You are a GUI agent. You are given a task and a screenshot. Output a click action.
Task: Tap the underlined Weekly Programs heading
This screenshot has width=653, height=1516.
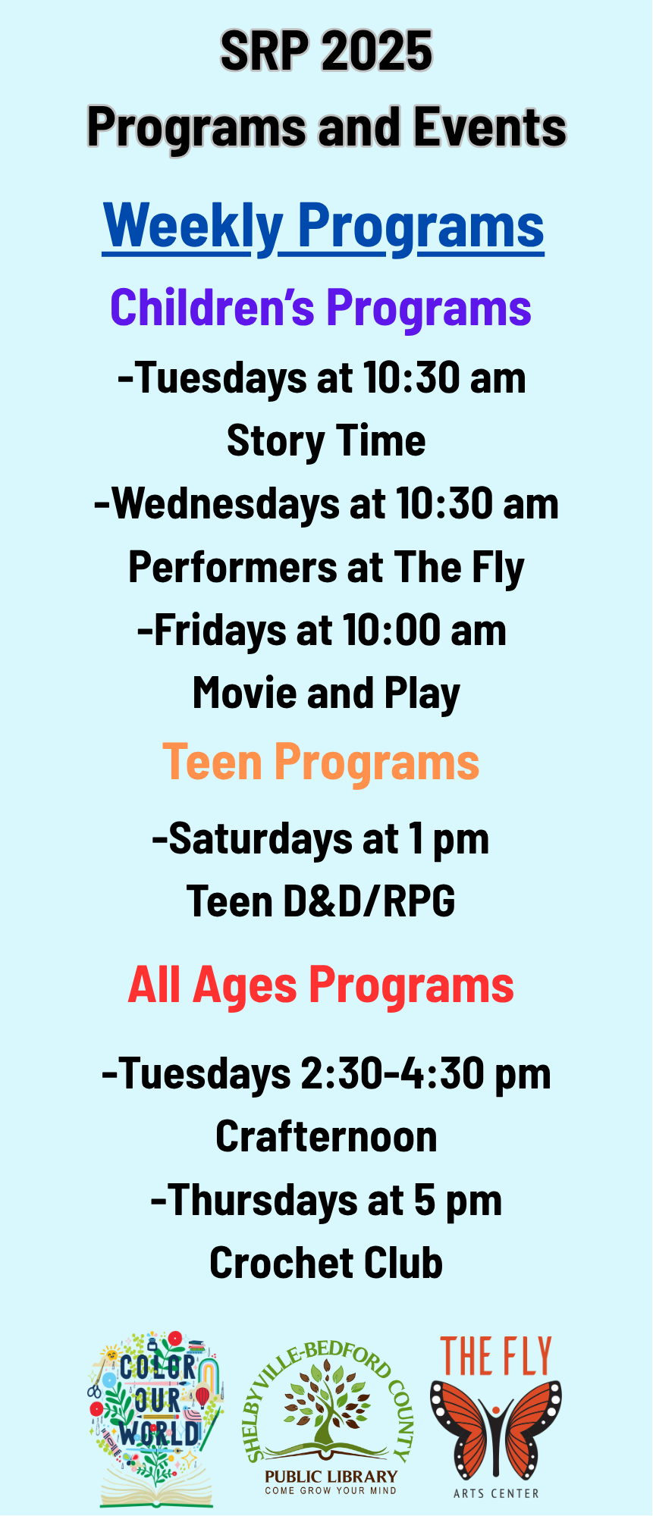click(x=324, y=226)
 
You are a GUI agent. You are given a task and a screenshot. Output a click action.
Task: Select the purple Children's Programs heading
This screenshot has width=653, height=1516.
click(x=321, y=308)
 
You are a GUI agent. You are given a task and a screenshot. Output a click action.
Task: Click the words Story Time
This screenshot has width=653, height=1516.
click(x=326, y=441)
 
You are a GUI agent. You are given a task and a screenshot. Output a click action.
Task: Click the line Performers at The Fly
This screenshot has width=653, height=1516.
click(x=326, y=568)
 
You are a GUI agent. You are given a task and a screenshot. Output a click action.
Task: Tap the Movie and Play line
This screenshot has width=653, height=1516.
click(x=326, y=694)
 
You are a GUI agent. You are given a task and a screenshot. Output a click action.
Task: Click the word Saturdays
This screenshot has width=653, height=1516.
click(x=260, y=839)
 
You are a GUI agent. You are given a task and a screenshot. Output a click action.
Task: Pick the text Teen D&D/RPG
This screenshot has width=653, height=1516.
click(x=321, y=901)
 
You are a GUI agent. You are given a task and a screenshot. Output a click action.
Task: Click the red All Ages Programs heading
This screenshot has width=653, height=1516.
click(x=321, y=985)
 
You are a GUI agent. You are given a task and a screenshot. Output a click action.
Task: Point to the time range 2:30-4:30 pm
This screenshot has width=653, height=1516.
click(x=425, y=1074)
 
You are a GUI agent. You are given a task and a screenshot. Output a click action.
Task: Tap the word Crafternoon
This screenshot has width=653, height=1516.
click(x=326, y=1137)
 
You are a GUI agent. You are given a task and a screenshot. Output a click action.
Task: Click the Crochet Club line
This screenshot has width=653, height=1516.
click(x=326, y=1264)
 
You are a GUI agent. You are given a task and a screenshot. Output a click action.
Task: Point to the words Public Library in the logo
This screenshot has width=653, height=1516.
click(x=331, y=1476)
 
